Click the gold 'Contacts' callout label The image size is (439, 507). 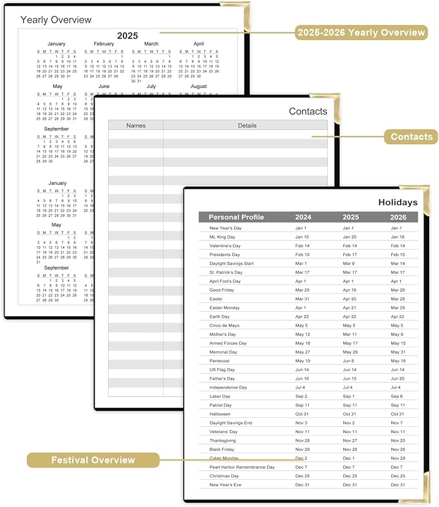coord(411,136)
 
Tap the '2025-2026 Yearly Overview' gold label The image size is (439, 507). coord(361,32)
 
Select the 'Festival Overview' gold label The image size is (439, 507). coord(93,460)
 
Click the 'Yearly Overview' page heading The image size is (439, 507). coord(56,20)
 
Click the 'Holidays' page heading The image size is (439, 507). coord(398,202)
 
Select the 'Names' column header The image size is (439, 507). coord(136,125)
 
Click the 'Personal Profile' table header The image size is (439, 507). coord(236,217)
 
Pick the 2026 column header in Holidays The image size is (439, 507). coord(398,217)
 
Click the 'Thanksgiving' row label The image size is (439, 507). coord(223,440)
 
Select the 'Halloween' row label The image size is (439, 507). coord(220,414)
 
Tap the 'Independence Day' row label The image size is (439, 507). coord(228,387)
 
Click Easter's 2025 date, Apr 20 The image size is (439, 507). coord(349,299)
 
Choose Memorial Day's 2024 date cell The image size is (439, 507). coord(303,352)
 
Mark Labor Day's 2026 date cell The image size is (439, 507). coord(397,396)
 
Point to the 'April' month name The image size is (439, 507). coord(198,44)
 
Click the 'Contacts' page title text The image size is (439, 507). coord(308,111)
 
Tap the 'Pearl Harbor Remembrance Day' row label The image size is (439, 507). coord(242,467)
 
